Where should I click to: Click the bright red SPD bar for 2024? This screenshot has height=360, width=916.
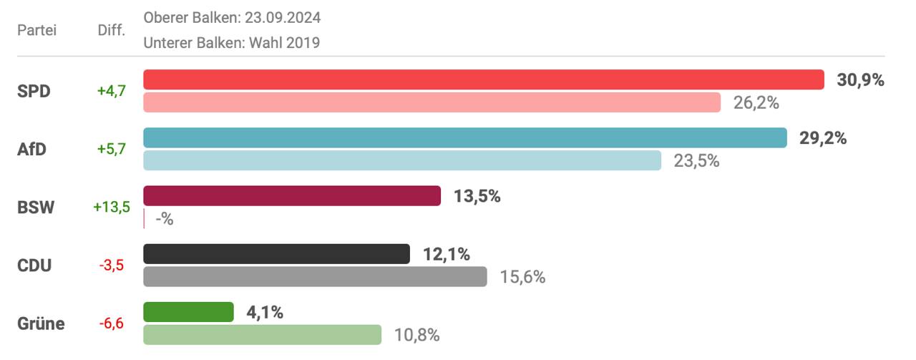pyautogui.click(x=484, y=79)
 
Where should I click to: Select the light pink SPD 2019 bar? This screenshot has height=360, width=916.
pyautogui.click(x=432, y=102)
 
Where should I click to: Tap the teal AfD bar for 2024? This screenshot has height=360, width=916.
pyautogui.click(x=465, y=137)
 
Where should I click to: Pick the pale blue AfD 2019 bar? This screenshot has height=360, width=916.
pyautogui.click(x=402, y=160)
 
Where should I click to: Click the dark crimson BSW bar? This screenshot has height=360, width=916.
pyautogui.click(x=292, y=195)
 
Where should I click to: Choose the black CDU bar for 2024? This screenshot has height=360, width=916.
pyautogui.click(x=277, y=253)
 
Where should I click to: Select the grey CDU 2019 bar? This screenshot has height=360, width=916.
pyautogui.click(x=315, y=276)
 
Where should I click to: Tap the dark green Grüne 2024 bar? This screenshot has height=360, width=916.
pyautogui.click(x=189, y=312)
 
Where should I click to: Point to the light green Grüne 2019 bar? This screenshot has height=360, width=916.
pyautogui.click(x=263, y=334)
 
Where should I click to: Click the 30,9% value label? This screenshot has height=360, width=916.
pyautogui.click(x=860, y=80)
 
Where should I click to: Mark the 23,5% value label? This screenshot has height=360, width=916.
pyautogui.click(x=696, y=161)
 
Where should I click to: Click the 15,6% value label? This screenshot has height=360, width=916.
pyautogui.click(x=522, y=277)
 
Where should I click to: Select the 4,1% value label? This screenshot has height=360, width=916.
pyautogui.click(x=265, y=312)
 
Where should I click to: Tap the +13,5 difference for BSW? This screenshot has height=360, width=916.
pyautogui.click(x=112, y=208)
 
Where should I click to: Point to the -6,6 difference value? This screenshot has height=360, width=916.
pyautogui.click(x=112, y=323)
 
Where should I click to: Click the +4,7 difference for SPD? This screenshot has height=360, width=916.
pyautogui.click(x=112, y=91)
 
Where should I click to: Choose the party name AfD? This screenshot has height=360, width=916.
pyautogui.click(x=31, y=150)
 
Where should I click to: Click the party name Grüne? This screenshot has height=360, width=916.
pyautogui.click(x=41, y=323)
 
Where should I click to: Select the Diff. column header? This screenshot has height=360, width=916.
pyautogui.click(x=111, y=30)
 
